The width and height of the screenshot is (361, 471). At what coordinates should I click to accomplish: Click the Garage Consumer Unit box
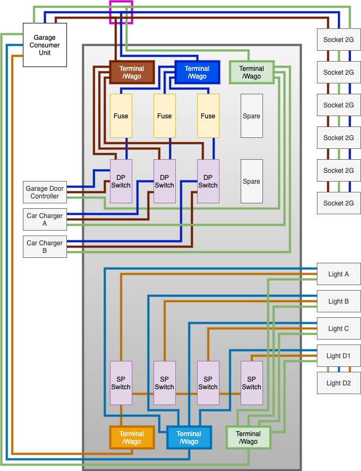(x=45, y=45)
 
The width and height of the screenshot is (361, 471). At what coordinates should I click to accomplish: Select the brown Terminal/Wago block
(x=132, y=73)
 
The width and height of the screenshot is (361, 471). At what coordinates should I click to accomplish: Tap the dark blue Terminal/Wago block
(x=197, y=73)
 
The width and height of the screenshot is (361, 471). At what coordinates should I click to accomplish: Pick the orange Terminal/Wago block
(x=132, y=438)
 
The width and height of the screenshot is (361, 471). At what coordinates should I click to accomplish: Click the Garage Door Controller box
(x=45, y=192)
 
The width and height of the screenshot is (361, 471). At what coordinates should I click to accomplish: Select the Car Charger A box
(x=45, y=220)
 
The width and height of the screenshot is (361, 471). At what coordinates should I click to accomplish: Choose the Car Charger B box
(x=45, y=247)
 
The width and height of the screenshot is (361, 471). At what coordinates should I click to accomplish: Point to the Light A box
(x=339, y=274)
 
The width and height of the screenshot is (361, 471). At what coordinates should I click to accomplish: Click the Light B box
(x=339, y=301)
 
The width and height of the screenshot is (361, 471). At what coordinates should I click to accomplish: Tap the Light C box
(x=339, y=329)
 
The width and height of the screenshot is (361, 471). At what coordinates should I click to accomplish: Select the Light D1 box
(x=339, y=356)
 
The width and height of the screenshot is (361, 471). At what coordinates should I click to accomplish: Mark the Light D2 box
(x=339, y=383)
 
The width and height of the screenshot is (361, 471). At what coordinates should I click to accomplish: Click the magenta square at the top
(x=121, y=12)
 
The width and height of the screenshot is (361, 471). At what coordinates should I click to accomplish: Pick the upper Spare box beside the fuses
(x=252, y=116)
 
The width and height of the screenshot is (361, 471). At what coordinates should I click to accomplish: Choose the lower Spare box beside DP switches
(x=252, y=182)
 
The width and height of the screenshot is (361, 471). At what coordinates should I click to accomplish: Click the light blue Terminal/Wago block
(x=189, y=438)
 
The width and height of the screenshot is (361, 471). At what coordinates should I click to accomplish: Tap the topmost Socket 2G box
(x=339, y=40)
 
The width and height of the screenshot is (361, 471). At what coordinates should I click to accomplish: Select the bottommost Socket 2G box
(x=339, y=203)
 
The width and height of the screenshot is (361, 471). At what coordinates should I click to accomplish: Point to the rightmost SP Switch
(x=252, y=383)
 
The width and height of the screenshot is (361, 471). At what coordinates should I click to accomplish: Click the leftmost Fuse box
(x=121, y=116)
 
